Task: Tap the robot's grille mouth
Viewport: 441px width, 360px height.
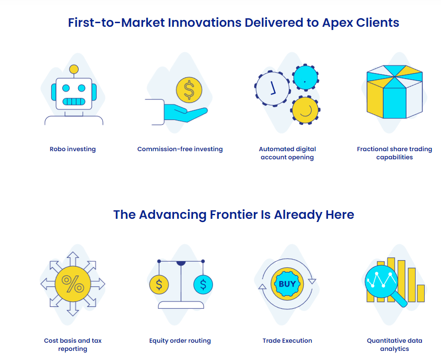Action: point(74,101)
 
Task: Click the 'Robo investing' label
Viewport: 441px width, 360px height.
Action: point(73,149)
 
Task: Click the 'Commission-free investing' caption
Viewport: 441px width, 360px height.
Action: point(180,149)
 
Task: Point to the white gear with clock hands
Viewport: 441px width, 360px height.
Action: point(273,88)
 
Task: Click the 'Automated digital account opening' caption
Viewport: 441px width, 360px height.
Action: point(287,153)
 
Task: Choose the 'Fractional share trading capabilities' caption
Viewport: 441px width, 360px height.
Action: point(394,153)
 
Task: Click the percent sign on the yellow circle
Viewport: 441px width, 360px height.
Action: point(73,284)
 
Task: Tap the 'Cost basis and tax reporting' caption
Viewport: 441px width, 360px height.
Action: point(73,345)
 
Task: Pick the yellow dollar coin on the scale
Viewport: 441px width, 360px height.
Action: point(159,285)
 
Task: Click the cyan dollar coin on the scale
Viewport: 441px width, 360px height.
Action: point(203,285)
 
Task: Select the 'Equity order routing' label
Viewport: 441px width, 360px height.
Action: point(180,340)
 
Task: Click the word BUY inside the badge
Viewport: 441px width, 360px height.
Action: point(287,284)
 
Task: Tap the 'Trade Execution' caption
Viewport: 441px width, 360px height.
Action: point(287,340)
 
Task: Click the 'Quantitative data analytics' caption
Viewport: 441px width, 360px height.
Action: point(394,345)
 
